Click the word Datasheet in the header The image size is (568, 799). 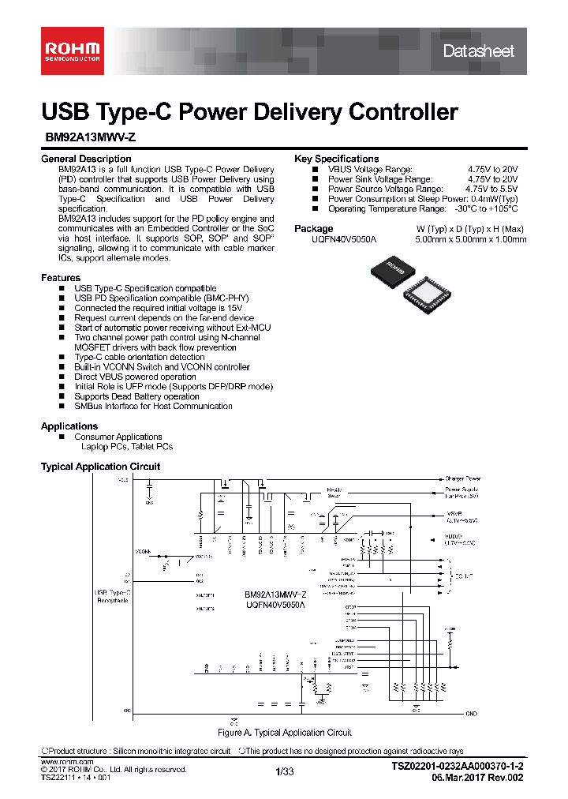[478, 51]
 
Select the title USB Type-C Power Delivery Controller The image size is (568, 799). [249, 111]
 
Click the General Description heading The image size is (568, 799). [86, 159]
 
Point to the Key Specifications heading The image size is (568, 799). [336, 159]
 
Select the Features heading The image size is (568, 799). [61, 278]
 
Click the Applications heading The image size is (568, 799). [69, 426]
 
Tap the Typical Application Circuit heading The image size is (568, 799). [100, 467]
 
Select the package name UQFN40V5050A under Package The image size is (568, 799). [345, 239]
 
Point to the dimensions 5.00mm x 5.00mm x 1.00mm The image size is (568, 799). [470, 239]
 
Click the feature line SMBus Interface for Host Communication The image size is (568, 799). [153, 407]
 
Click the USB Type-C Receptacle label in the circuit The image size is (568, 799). [112, 596]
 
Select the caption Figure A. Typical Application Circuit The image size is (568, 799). [284, 733]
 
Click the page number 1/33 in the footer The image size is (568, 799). [284, 771]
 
